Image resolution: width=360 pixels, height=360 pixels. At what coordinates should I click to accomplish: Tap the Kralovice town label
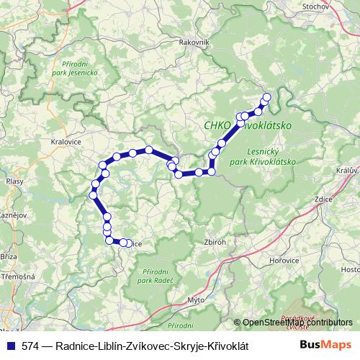point(67,142)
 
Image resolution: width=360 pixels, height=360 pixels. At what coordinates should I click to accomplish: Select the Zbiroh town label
point(216,242)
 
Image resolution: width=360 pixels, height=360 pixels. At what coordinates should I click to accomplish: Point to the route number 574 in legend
point(31,346)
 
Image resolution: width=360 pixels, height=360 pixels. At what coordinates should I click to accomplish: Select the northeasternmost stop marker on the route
point(266,97)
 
